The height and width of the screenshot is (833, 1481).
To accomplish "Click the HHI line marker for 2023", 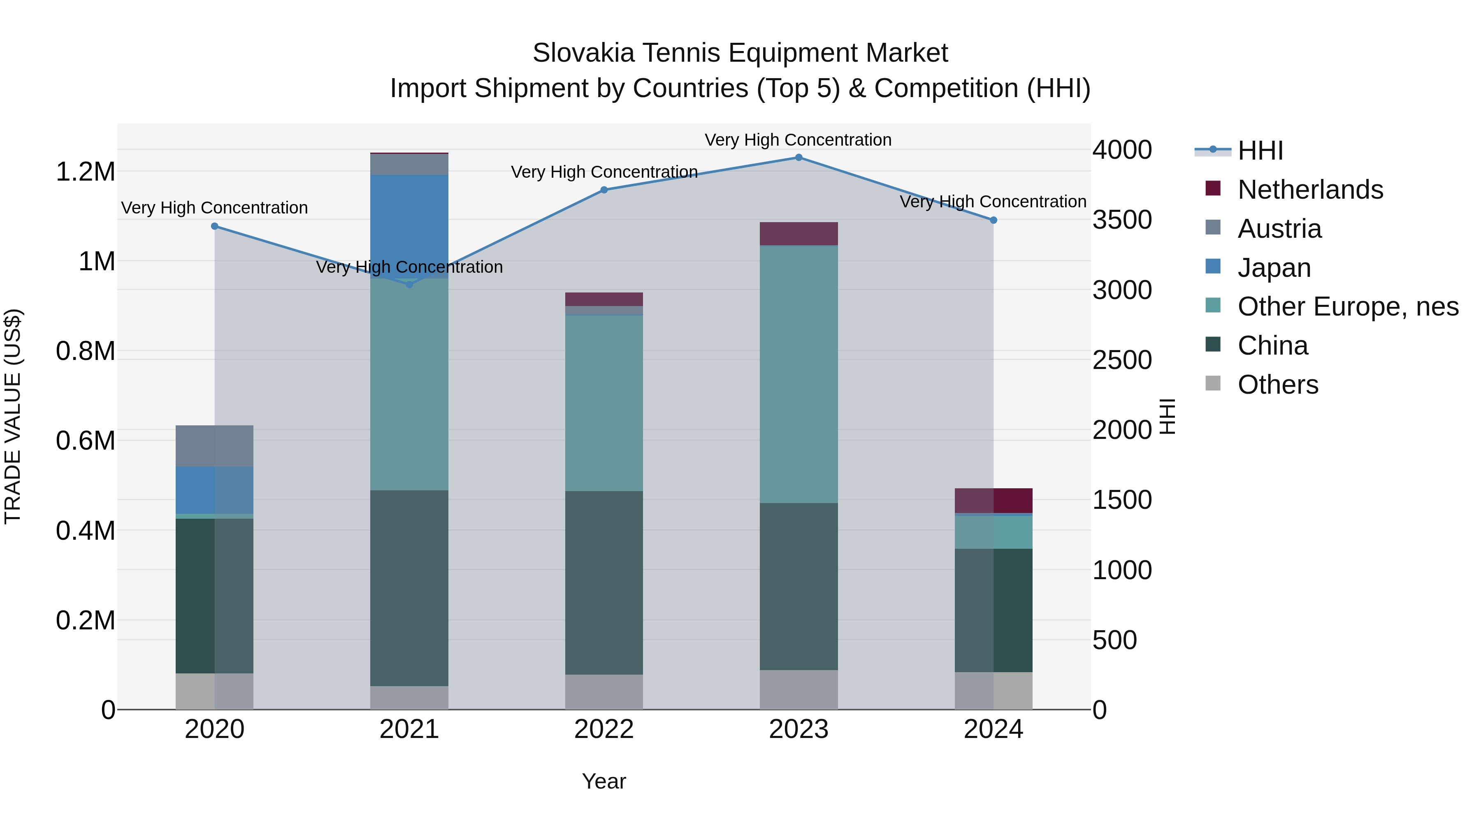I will click(799, 158).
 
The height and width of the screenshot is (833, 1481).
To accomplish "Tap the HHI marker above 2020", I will click(214, 227).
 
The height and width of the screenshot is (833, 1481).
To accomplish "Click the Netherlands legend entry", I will click(1310, 190).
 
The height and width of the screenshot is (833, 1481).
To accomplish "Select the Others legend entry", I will click(1277, 385).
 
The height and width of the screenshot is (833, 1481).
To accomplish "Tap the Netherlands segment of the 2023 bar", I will click(799, 233).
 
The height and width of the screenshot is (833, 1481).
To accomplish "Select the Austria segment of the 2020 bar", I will click(214, 446).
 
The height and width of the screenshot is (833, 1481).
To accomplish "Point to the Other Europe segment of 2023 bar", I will click(799, 374).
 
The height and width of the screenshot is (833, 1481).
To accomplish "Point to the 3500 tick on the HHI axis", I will click(1122, 220).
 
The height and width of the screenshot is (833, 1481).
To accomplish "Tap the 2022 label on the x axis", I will click(604, 729).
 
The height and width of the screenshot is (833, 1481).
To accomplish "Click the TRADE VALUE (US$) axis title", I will click(13, 416).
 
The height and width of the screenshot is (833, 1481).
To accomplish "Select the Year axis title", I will click(604, 781).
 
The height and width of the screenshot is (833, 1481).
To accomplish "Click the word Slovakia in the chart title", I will click(583, 53).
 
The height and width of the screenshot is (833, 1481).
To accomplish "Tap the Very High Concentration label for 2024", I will click(993, 202).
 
